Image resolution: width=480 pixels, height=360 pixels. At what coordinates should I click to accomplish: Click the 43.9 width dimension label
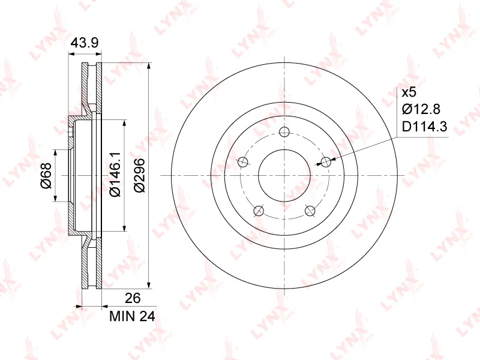85,43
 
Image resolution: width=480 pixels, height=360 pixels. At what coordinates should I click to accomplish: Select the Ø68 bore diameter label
46,175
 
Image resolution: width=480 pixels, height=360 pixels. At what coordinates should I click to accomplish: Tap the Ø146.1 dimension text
115,175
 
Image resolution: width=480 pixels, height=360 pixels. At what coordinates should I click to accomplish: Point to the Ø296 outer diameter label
140,175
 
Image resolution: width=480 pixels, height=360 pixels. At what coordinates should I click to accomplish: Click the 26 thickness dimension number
133,298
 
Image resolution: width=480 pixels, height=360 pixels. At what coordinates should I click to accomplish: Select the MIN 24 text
132,317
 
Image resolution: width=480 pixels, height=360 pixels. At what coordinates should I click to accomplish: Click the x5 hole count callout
409,92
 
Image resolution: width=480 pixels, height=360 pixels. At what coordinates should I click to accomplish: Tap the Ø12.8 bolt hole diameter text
421,109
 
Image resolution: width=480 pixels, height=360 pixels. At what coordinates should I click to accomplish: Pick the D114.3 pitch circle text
425,127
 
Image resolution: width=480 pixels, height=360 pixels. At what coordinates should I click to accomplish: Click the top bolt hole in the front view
284,132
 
